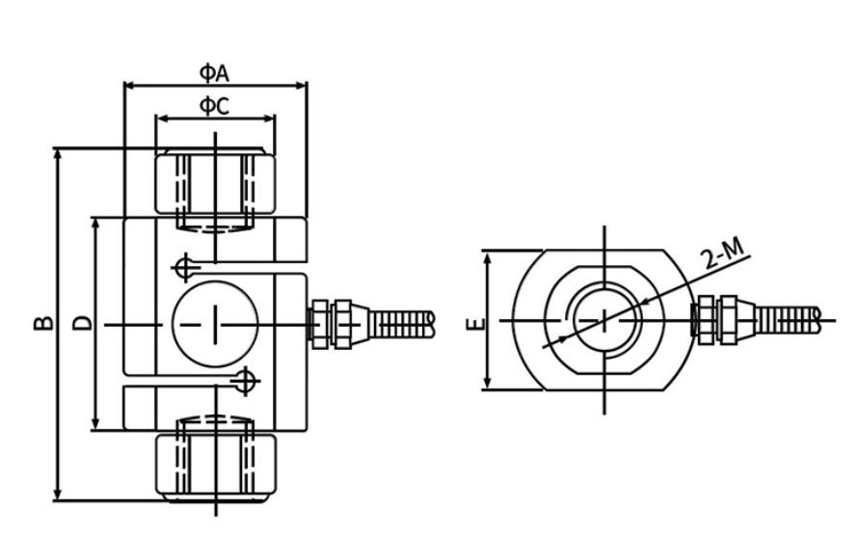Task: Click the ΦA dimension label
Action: tap(214, 72)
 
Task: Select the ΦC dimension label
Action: tap(214, 105)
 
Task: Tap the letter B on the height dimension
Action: tap(43, 323)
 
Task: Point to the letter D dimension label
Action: tap(82, 323)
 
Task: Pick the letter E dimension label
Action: tap(475, 324)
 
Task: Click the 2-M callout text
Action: tap(724, 254)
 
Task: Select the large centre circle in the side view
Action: tap(215, 324)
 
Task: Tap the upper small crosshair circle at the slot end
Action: tap(186, 268)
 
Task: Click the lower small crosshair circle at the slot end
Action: tap(245, 381)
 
